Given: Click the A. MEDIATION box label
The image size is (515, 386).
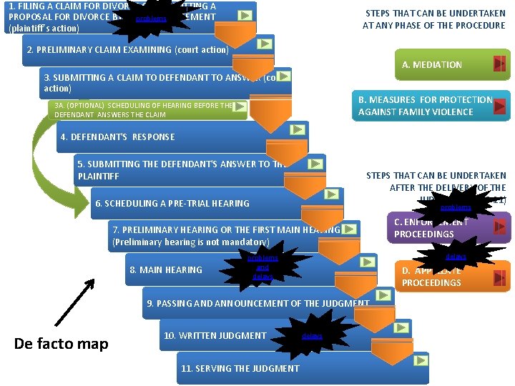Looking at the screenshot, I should click(432, 64).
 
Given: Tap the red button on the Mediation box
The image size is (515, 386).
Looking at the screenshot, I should click(500, 64).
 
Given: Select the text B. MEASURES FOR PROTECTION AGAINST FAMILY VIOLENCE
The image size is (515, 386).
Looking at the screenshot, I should click(426, 106).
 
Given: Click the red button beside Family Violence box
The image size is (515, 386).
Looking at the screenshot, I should click(500, 107).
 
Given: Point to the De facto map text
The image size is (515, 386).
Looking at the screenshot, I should click(62, 344).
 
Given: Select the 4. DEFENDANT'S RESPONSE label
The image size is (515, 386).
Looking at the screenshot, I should click(117, 137).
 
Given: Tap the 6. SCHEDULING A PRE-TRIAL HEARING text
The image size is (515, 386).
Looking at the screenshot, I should click(172, 203).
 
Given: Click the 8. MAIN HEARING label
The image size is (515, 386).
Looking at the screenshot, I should click(166, 269).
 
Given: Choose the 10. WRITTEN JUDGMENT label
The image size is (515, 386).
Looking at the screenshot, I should click(215, 335).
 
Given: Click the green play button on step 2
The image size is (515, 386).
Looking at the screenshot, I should click(265, 44).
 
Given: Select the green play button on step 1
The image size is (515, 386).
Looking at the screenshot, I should click(245, 14).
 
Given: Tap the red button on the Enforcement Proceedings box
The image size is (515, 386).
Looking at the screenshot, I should click(501, 227).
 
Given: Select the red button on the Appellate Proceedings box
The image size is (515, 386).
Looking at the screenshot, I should click(501, 276).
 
